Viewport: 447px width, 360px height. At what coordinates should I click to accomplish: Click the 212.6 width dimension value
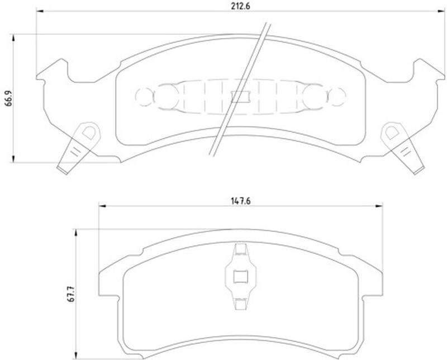click(240, 6)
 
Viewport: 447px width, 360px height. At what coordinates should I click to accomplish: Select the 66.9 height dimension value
click(9, 98)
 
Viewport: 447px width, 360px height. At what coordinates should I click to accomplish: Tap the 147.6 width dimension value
click(240, 201)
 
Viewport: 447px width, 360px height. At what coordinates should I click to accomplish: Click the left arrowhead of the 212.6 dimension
click(40, 11)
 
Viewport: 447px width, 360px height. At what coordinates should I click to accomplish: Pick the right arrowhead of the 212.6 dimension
click(441, 11)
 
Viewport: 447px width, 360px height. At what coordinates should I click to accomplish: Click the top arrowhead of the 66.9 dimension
click(13, 38)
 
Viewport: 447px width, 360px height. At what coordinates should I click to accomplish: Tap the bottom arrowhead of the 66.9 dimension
click(13, 159)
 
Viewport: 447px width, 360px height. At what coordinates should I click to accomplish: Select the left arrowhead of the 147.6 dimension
click(102, 206)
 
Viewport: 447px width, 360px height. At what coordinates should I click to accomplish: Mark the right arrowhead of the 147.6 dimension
click(379, 206)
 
